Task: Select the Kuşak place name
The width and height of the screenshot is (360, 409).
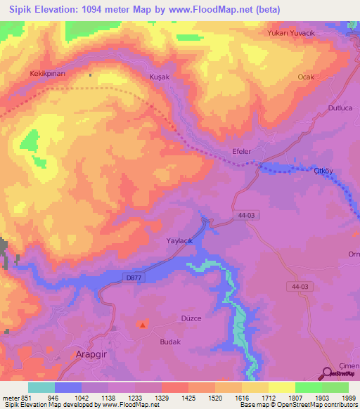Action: pos(141,76)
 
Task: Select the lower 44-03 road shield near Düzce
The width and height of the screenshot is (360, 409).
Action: pos(300,287)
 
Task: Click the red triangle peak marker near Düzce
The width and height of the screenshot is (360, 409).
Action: pos(143,325)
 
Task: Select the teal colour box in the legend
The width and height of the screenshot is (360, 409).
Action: pos(41,387)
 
